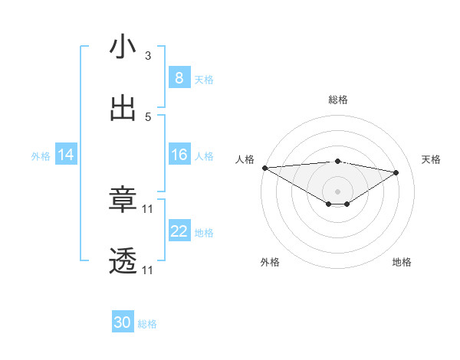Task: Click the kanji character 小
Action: coord(123,47)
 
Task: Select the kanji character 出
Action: coord(123,109)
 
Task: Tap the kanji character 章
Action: coord(123,201)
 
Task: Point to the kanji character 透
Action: coord(123,262)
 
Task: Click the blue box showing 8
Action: coord(179,78)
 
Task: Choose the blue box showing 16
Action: coord(179,155)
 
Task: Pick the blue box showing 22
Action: coord(179,232)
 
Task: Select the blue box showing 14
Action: coord(66,155)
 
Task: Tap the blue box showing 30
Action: coord(123,323)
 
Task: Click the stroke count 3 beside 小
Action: coord(148,56)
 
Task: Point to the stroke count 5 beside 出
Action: coord(148,117)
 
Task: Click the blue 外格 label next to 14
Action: coord(41,156)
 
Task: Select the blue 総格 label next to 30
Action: coord(147,324)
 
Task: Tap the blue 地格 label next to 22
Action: coord(204,233)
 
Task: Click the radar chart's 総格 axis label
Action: coord(338,100)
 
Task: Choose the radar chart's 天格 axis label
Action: coord(432,159)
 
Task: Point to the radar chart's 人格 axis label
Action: coord(245,159)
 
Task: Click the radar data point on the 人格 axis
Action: coord(264,168)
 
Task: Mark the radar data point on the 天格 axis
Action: coord(396,172)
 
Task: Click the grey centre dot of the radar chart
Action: coord(338,191)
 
